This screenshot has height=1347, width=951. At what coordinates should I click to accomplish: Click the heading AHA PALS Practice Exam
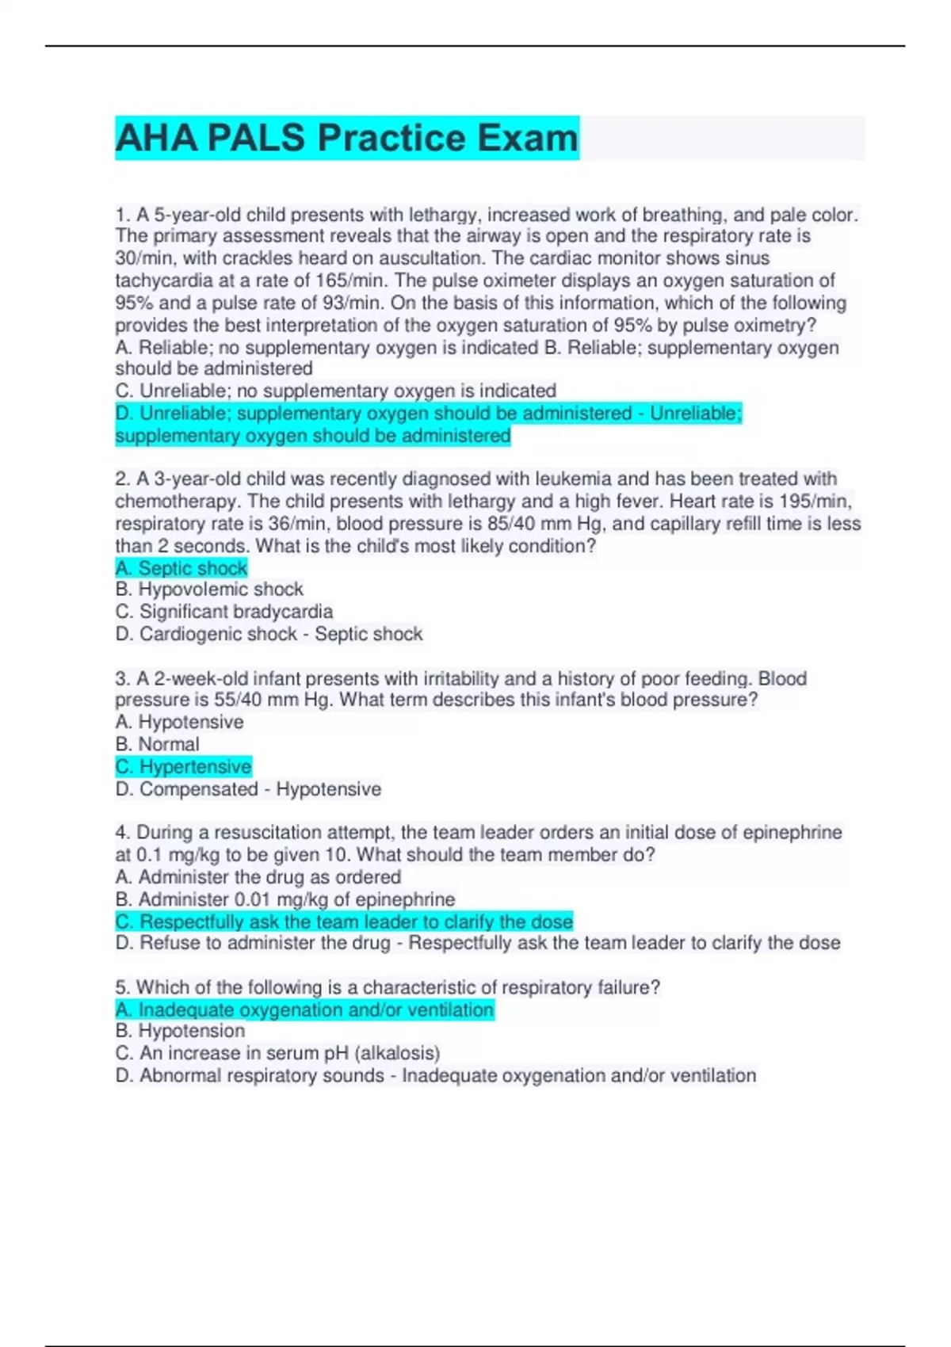pyautogui.click(x=347, y=138)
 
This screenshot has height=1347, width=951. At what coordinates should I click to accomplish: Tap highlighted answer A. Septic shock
pyautogui.click(x=181, y=568)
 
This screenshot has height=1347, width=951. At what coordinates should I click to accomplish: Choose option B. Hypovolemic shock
pyautogui.click(x=209, y=590)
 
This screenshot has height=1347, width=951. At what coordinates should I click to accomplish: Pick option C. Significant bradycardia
pyautogui.click(x=224, y=612)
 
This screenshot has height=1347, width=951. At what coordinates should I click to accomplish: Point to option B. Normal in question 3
pyautogui.click(x=157, y=745)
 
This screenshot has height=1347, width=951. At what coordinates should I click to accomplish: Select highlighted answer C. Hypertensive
pyautogui.click(x=183, y=767)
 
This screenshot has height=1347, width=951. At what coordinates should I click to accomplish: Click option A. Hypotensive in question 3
pyautogui.click(x=179, y=723)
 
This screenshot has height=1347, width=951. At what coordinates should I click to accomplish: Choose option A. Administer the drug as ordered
pyautogui.click(x=258, y=877)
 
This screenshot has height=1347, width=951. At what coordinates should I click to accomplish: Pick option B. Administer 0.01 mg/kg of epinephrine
pyautogui.click(x=285, y=899)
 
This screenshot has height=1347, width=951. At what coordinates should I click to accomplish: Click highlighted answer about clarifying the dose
pyautogui.click(x=344, y=922)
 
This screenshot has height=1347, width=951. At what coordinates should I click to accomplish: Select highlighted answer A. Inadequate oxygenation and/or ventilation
pyautogui.click(x=304, y=1009)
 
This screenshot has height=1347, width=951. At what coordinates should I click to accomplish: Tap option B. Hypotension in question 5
pyautogui.click(x=180, y=1031)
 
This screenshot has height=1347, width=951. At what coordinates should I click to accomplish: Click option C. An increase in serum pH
pyautogui.click(x=277, y=1053)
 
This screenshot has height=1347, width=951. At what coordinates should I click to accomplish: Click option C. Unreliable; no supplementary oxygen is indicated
pyautogui.click(x=336, y=391)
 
